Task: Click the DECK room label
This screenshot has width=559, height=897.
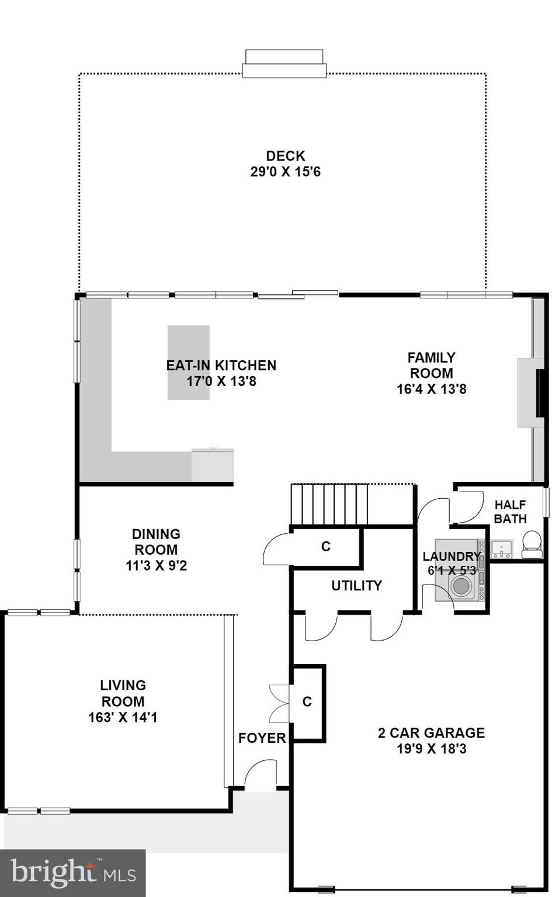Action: pyautogui.click(x=285, y=156)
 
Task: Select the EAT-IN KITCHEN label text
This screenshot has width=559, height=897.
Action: pyautogui.click(x=221, y=366)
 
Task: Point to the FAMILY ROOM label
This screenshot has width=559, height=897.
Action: pyautogui.click(x=431, y=365)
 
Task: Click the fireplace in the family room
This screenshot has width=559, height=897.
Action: pyautogui.click(x=532, y=392)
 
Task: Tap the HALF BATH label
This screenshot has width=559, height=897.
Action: pyautogui.click(x=510, y=512)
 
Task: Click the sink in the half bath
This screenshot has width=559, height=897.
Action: pyautogui.click(x=501, y=549)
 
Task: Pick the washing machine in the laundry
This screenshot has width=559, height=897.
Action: pyautogui.click(x=462, y=586)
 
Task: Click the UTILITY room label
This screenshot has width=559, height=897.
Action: pyautogui.click(x=356, y=585)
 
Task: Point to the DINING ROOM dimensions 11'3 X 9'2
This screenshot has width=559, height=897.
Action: pyautogui.click(x=156, y=565)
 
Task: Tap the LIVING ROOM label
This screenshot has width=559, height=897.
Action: pyautogui.click(x=123, y=693)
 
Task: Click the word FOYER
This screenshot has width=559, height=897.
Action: pyautogui.click(x=262, y=738)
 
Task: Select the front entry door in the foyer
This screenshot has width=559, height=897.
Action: pyautogui.click(x=261, y=776)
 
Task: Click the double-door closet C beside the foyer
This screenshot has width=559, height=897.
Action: pyautogui.click(x=307, y=702)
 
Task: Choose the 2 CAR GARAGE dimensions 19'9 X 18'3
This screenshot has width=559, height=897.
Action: pyautogui.click(x=431, y=749)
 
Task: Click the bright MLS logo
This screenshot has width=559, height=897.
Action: pyautogui.click(x=72, y=873)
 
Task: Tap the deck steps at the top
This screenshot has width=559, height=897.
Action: pyautogui.click(x=284, y=64)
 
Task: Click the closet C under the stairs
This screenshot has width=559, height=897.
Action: pyautogui.click(x=325, y=546)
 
